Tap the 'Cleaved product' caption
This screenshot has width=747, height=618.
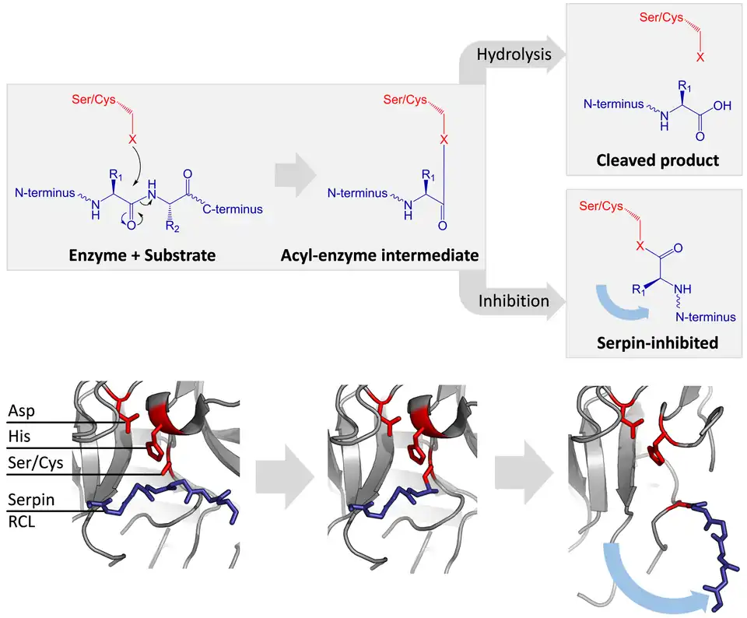658,160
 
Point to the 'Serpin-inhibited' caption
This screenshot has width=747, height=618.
658,342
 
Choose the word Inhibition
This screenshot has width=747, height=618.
514,300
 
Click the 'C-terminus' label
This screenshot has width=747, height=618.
233,209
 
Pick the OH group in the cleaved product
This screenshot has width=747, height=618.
722,106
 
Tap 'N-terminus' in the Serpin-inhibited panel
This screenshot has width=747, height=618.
705,317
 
